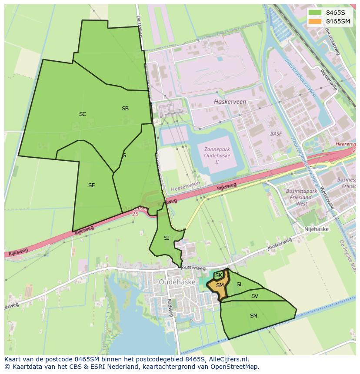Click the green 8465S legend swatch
coord(315,13)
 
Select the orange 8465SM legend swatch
coord(315,21)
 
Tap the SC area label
coord(83,114)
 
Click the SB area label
coord(125,109)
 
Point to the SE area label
coord(91,185)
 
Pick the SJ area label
coord(167,238)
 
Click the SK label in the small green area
coord(219,275)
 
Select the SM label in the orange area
coord(220,285)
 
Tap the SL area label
coord(240,285)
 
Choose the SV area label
coord(255,296)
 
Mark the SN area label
coord(253,316)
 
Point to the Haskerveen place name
coord(230,102)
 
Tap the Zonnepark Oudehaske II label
coord(217,156)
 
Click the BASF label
coord(276,134)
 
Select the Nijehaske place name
coord(317,229)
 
